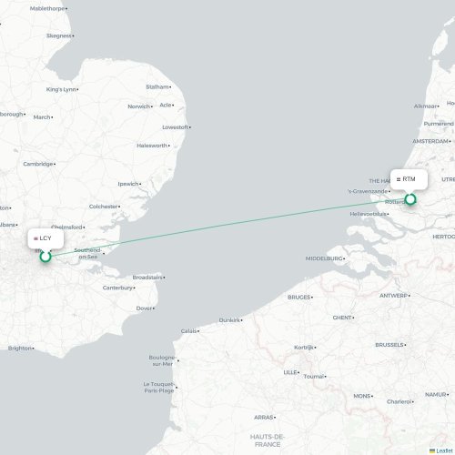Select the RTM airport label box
tap(409, 179)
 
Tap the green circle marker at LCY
tap(45, 257)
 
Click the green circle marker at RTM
tap(409, 198)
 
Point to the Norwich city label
tap(138, 106)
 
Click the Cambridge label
tap(38, 164)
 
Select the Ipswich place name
tap(128, 184)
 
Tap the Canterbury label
tap(117, 288)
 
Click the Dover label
tap(144, 308)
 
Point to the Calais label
tap(188, 330)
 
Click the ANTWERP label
tap(394, 296)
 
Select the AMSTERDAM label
tap(430, 142)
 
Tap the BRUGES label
tap(298, 297)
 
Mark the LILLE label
tap(290, 372)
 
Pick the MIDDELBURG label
tap(324, 258)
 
